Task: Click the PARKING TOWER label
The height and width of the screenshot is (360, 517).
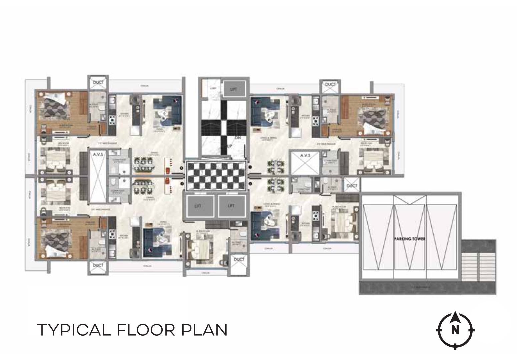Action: (410, 239)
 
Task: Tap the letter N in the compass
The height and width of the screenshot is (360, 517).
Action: (455, 330)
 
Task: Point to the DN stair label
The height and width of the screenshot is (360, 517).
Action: (238, 137)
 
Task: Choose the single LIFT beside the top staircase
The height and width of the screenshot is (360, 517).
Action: (234, 89)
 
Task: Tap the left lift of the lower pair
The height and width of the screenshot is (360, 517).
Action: (198, 206)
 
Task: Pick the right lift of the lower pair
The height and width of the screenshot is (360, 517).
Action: (231, 206)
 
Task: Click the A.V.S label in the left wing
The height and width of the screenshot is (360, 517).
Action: (98, 154)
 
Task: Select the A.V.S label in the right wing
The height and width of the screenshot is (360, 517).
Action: (305, 156)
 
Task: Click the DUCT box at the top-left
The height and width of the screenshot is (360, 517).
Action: (98, 83)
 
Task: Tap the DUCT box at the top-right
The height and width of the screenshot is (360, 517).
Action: (330, 85)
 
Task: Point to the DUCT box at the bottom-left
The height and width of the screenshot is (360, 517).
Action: (98, 265)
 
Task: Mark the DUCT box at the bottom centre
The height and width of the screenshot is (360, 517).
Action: (239, 260)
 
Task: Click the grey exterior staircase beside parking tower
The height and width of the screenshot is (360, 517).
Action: (479, 267)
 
